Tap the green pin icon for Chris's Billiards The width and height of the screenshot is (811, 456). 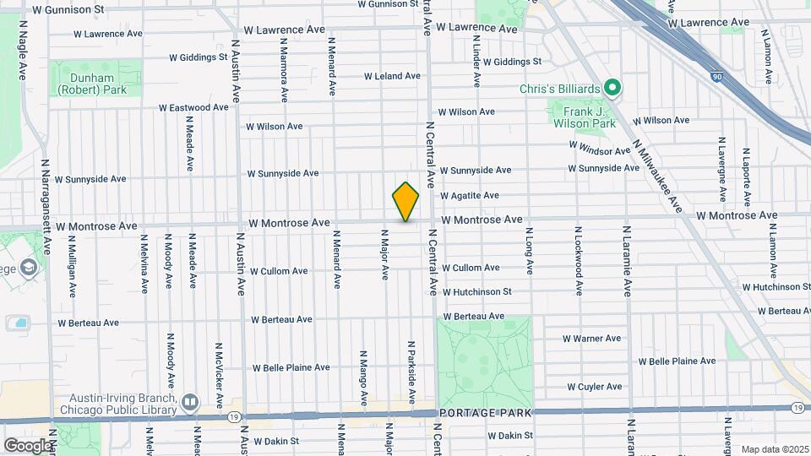(x=613, y=88)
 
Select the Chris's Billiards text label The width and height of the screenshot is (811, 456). (x=561, y=89)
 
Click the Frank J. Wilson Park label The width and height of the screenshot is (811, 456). (x=584, y=117)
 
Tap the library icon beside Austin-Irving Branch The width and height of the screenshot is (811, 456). (x=189, y=403)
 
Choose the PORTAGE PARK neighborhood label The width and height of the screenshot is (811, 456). (x=485, y=413)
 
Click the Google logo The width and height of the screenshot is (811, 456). (x=27, y=445)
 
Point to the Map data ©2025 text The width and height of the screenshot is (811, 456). (x=775, y=449)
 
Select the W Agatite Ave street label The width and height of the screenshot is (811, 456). (x=469, y=196)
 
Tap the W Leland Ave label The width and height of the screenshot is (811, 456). (x=392, y=76)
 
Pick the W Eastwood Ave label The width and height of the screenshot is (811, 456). (x=193, y=108)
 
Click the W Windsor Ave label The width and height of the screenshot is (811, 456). (x=600, y=148)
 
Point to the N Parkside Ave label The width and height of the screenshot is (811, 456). (x=411, y=372)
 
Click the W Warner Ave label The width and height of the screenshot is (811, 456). (x=591, y=339)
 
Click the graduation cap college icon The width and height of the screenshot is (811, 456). (x=29, y=269)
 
